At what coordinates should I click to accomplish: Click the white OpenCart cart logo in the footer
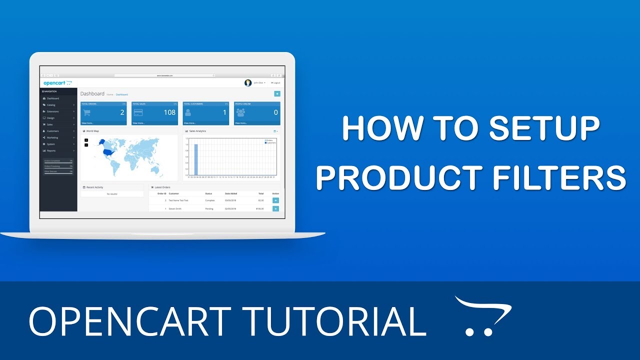click(x=482, y=316)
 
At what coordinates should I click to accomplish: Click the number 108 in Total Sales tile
click(x=169, y=112)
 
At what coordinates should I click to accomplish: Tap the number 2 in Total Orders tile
click(x=122, y=112)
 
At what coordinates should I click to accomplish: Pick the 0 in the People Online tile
click(x=275, y=112)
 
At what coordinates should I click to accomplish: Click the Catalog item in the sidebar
click(x=51, y=105)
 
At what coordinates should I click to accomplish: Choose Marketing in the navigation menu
click(x=52, y=137)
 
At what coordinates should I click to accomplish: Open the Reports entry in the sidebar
click(x=51, y=150)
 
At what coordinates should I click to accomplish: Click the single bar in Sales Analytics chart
click(x=196, y=160)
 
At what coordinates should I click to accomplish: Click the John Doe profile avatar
click(x=248, y=83)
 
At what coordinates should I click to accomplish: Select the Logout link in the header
click(x=276, y=83)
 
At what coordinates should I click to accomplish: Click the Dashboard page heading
click(x=92, y=93)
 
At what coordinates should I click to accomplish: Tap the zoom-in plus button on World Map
click(x=86, y=140)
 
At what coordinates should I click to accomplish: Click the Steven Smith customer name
click(x=175, y=208)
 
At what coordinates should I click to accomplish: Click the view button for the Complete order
click(x=275, y=200)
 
